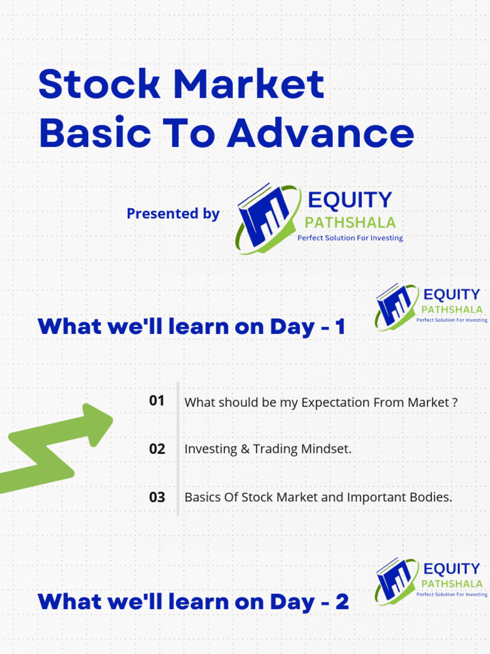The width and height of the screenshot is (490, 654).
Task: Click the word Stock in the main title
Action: (x=99, y=84)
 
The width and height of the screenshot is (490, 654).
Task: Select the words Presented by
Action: (x=173, y=213)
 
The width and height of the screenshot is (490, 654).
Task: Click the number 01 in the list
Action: (x=157, y=401)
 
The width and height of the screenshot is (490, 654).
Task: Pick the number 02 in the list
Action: (x=157, y=449)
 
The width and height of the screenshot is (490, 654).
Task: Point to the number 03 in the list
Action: (x=157, y=497)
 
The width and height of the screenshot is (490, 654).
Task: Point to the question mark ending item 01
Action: (x=455, y=402)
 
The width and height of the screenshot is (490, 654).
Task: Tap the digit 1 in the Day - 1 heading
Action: (x=341, y=326)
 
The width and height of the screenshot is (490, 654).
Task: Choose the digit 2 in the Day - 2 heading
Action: (x=342, y=602)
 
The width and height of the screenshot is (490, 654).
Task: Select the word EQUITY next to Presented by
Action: (x=350, y=200)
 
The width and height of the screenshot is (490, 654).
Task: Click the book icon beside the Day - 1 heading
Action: (x=394, y=305)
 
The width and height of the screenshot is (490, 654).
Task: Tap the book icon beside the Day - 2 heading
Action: (x=394, y=580)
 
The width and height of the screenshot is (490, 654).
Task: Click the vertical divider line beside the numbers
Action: (x=178, y=449)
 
